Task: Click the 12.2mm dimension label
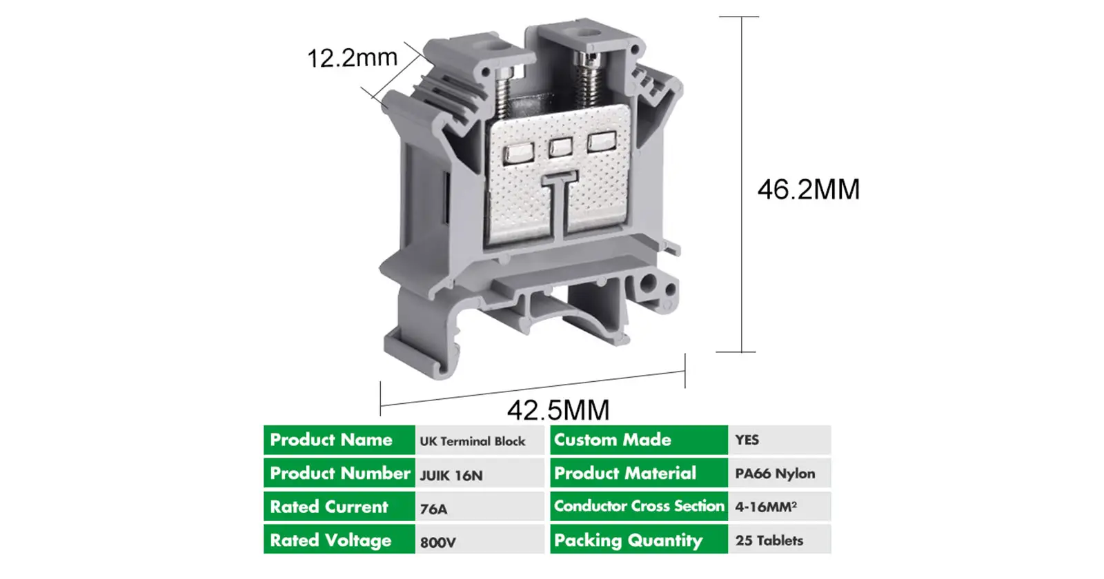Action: point(352,58)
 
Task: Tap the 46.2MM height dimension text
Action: point(809,190)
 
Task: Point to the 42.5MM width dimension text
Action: point(558,410)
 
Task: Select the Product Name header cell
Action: point(339,440)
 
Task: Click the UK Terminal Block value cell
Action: point(479,440)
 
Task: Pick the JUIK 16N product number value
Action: point(479,474)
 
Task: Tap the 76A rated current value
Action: point(479,508)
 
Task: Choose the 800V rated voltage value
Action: point(479,541)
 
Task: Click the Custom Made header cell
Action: point(638,440)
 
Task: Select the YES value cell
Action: point(779,440)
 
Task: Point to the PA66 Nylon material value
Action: point(779,474)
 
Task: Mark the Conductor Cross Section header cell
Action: point(638,506)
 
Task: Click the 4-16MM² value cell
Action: point(779,507)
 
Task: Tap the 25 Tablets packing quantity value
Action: point(779,540)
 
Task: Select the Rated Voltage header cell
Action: point(339,540)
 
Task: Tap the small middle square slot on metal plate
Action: point(560,146)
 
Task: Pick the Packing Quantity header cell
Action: point(638,540)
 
